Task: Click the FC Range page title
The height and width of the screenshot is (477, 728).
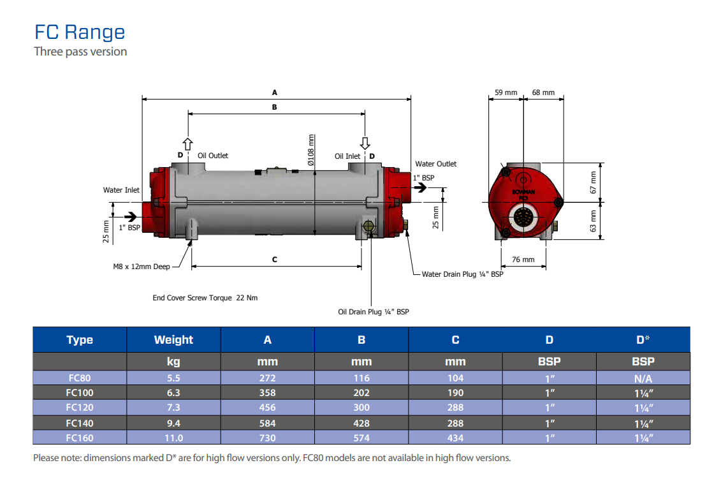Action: pos(80,32)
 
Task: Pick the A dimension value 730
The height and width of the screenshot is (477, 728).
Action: pos(267,437)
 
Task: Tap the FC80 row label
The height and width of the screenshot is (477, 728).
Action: pos(80,378)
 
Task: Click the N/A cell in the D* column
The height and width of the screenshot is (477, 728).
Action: pos(643,378)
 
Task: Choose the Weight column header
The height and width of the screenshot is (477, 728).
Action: pos(173,340)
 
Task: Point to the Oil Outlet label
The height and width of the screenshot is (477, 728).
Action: pos(212,156)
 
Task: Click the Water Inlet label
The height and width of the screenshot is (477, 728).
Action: pos(121,190)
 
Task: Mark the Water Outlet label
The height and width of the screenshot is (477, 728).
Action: pos(436,164)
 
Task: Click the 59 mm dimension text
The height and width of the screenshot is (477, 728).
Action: pos(506,92)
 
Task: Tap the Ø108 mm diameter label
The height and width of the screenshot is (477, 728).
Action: pos(311,150)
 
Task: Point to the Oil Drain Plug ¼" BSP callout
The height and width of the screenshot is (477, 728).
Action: pos(373,312)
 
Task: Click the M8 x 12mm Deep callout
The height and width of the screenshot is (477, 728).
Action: pos(142,267)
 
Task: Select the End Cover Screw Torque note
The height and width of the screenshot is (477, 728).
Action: pos(205,298)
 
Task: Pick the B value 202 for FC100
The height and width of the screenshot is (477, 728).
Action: pos(361,393)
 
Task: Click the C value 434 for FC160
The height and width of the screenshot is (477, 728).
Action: pos(455,437)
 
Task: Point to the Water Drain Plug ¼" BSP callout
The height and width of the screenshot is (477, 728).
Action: pos(462,274)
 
